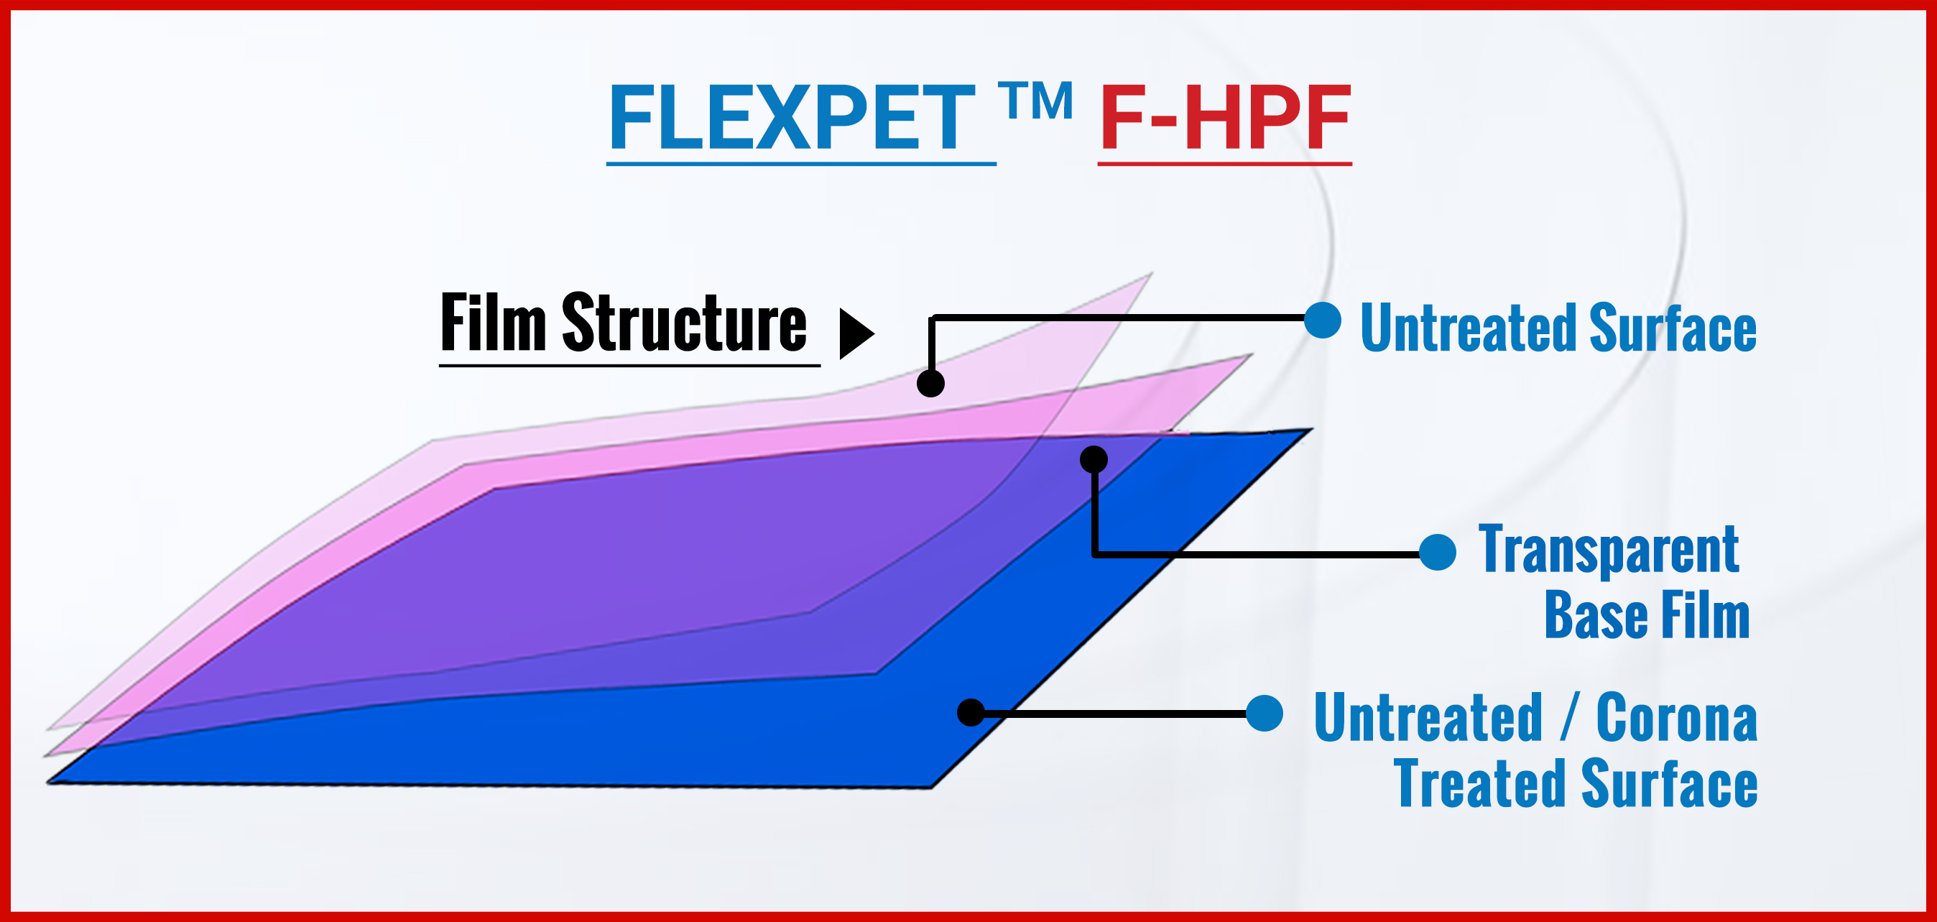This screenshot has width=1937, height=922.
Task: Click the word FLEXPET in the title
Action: [792, 117]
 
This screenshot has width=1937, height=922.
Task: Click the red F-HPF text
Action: [1225, 117]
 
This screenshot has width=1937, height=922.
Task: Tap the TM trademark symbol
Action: [1035, 101]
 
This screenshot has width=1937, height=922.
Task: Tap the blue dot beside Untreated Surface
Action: [1323, 321]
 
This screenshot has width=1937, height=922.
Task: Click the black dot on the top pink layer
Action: [931, 384]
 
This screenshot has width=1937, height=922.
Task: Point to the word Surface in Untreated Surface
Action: [1673, 327]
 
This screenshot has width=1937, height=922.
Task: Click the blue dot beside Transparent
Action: [1438, 553]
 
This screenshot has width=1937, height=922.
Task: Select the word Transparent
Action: [1609, 550]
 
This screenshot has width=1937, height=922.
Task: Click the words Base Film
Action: [1647, 614]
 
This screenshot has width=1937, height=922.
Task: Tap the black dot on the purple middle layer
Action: [1094, 458]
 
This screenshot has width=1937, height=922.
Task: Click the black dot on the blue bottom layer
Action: [971, 712]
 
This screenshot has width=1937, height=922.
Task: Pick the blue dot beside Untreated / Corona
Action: [1265, 713]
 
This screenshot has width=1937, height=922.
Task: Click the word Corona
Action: [1676, 718]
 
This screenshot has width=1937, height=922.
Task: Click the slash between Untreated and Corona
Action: [1568, 718]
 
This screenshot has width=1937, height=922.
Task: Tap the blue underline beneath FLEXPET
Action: [802, 162]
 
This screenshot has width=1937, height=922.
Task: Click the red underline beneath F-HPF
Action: [1225, 162]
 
